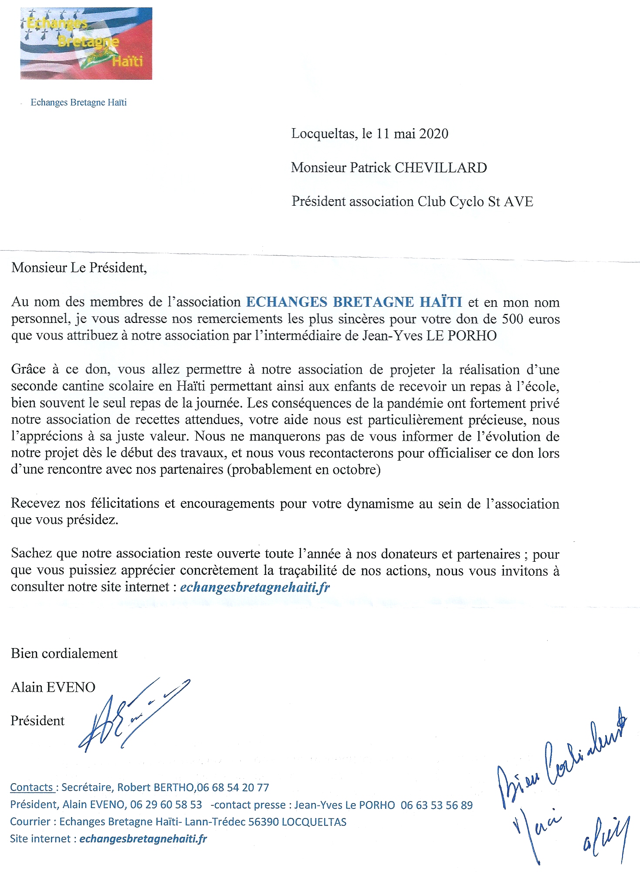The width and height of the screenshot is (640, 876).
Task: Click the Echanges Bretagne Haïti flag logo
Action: [86, 44]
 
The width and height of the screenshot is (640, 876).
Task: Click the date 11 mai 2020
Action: [412, 133]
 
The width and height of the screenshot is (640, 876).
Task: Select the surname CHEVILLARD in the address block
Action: [440, 168]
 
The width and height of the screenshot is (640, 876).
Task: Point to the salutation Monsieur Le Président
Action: [79, 268]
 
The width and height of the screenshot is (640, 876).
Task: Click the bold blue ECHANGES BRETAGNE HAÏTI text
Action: [354, 302]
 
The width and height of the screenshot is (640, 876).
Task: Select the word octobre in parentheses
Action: [354, 470]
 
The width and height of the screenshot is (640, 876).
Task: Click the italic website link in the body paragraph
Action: [255, 587]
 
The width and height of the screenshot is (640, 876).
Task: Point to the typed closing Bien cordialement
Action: [64, 654]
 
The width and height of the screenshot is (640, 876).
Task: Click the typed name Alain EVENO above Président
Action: [53, 687]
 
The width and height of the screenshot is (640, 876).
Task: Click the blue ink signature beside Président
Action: [131, 715]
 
